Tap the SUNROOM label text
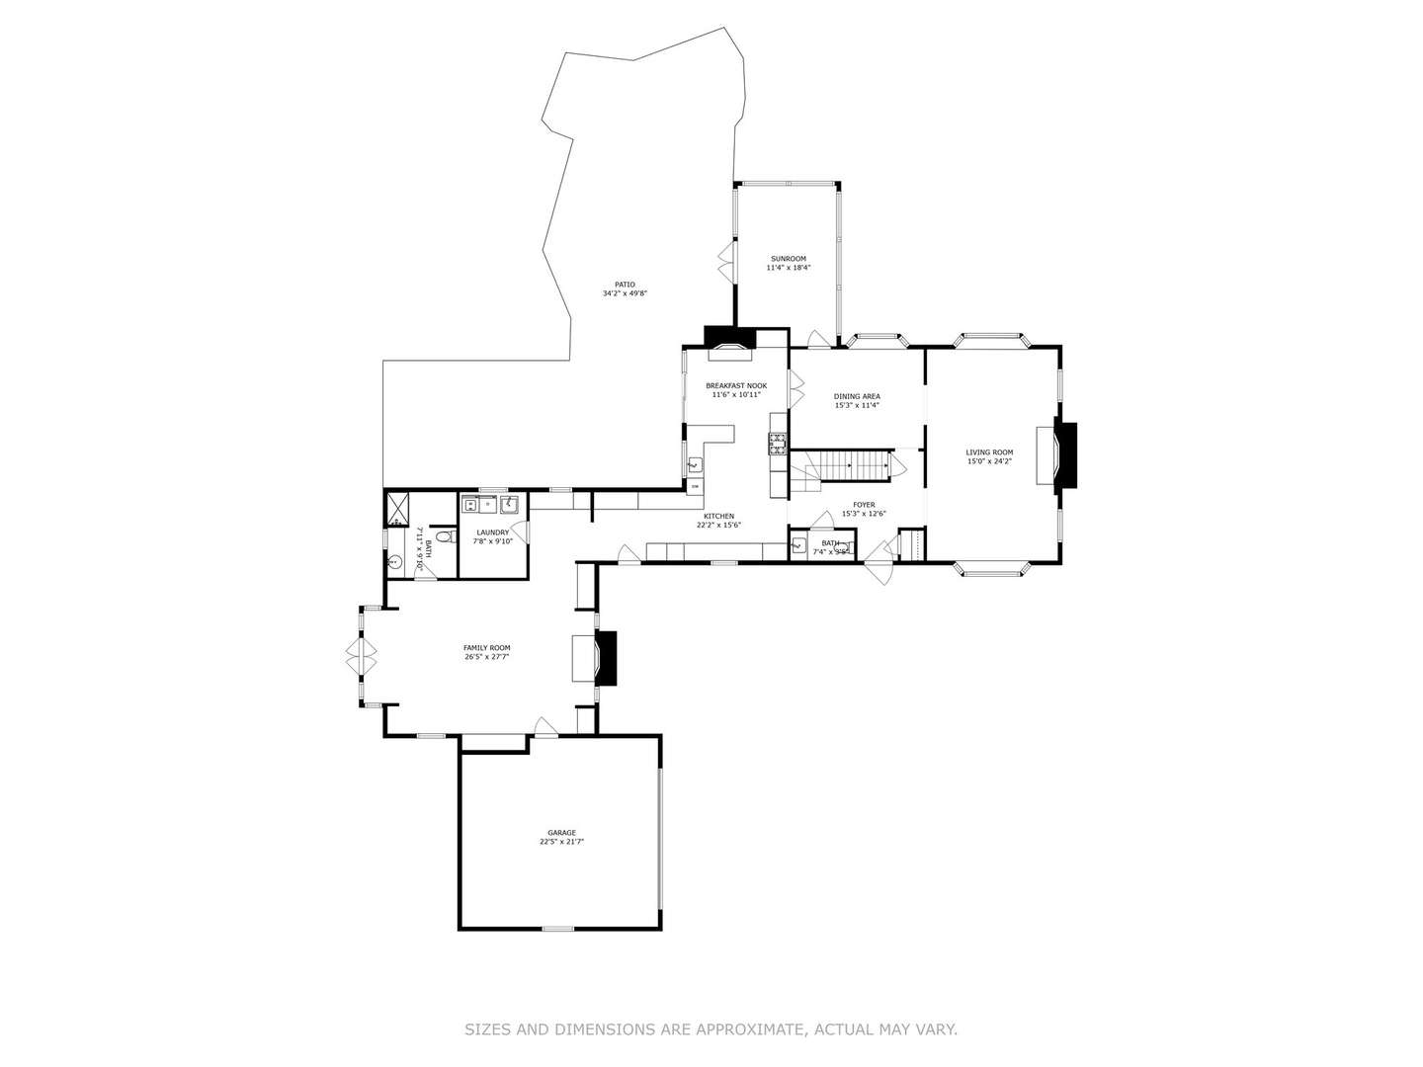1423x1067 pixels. [x=789, y=259]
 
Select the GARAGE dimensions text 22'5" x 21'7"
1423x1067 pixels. [x=562, y=842]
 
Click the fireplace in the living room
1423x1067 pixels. [x=1064, y=455]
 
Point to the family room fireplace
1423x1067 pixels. [x=605, y=658]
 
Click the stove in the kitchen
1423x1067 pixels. [x=778, y=444]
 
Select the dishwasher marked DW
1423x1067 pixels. [x=695, y=486]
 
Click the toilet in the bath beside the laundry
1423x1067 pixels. [x=444, y=537]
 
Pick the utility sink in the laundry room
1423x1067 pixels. [x=510, y=506]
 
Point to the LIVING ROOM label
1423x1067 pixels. [x=989, y=452]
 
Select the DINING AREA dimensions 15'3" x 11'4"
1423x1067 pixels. [x=857, y=405]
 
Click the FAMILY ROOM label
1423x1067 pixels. [x=486, y=648]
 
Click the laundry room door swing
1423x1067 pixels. [x=520, y=532]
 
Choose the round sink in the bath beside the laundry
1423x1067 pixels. [x=395, y=562]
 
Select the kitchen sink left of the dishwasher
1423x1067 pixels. [x=695, y=463]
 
